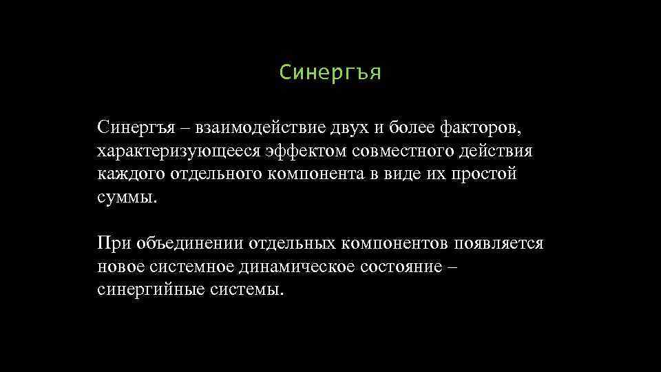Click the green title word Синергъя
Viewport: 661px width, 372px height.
(x=330, y=72)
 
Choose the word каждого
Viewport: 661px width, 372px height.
(x=131, y=174)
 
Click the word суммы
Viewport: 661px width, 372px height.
(x=127, y=198)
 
